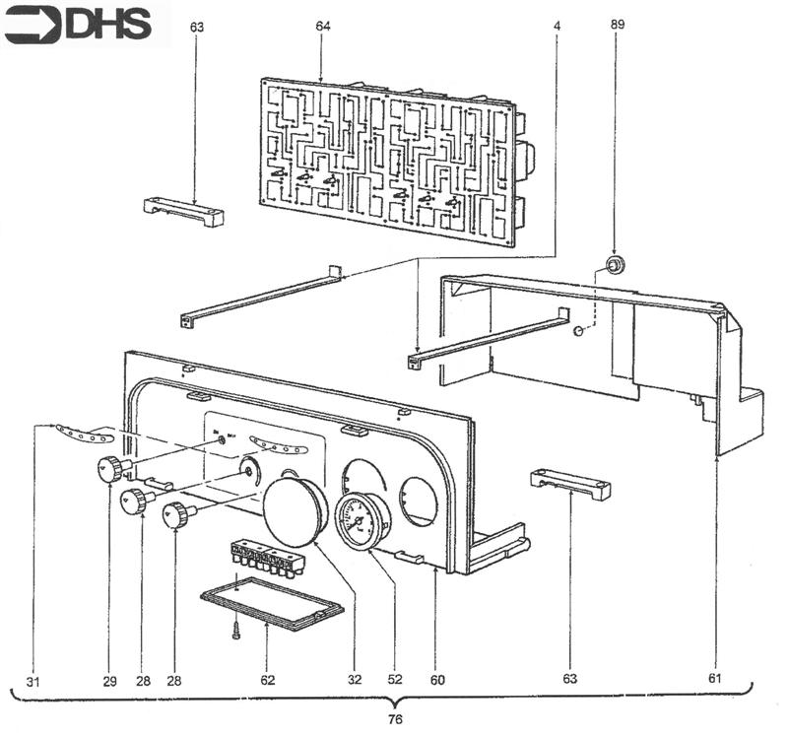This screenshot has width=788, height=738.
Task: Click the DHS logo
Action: [79, 24]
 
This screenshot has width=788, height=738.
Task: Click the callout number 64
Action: [322, 27]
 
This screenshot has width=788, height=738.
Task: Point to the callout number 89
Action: [618, 23]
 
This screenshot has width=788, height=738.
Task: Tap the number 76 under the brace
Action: [395, 718]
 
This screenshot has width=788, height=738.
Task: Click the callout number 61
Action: [716, 679]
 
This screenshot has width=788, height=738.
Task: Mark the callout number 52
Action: [395, 679]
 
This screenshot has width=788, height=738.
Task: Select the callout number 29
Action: [108, 679]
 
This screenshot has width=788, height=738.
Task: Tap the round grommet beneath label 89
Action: [615, 263]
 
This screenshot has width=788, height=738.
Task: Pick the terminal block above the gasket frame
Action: [263, 557]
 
